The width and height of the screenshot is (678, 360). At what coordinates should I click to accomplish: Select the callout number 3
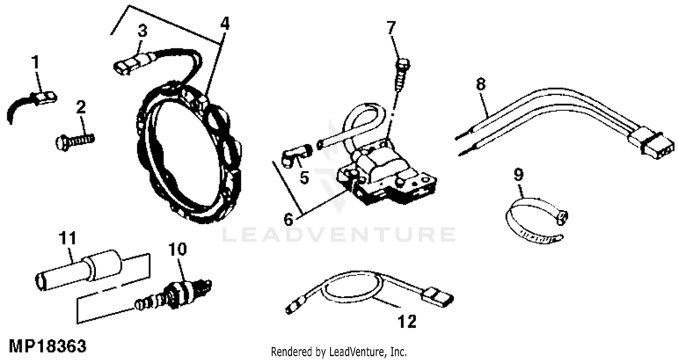coord(142,32)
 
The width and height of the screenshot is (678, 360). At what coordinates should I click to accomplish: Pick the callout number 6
coord(288,220)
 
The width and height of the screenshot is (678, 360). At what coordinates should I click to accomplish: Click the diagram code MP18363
coord(47,347)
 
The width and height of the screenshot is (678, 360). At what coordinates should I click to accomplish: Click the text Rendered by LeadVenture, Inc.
coord(339,351)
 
